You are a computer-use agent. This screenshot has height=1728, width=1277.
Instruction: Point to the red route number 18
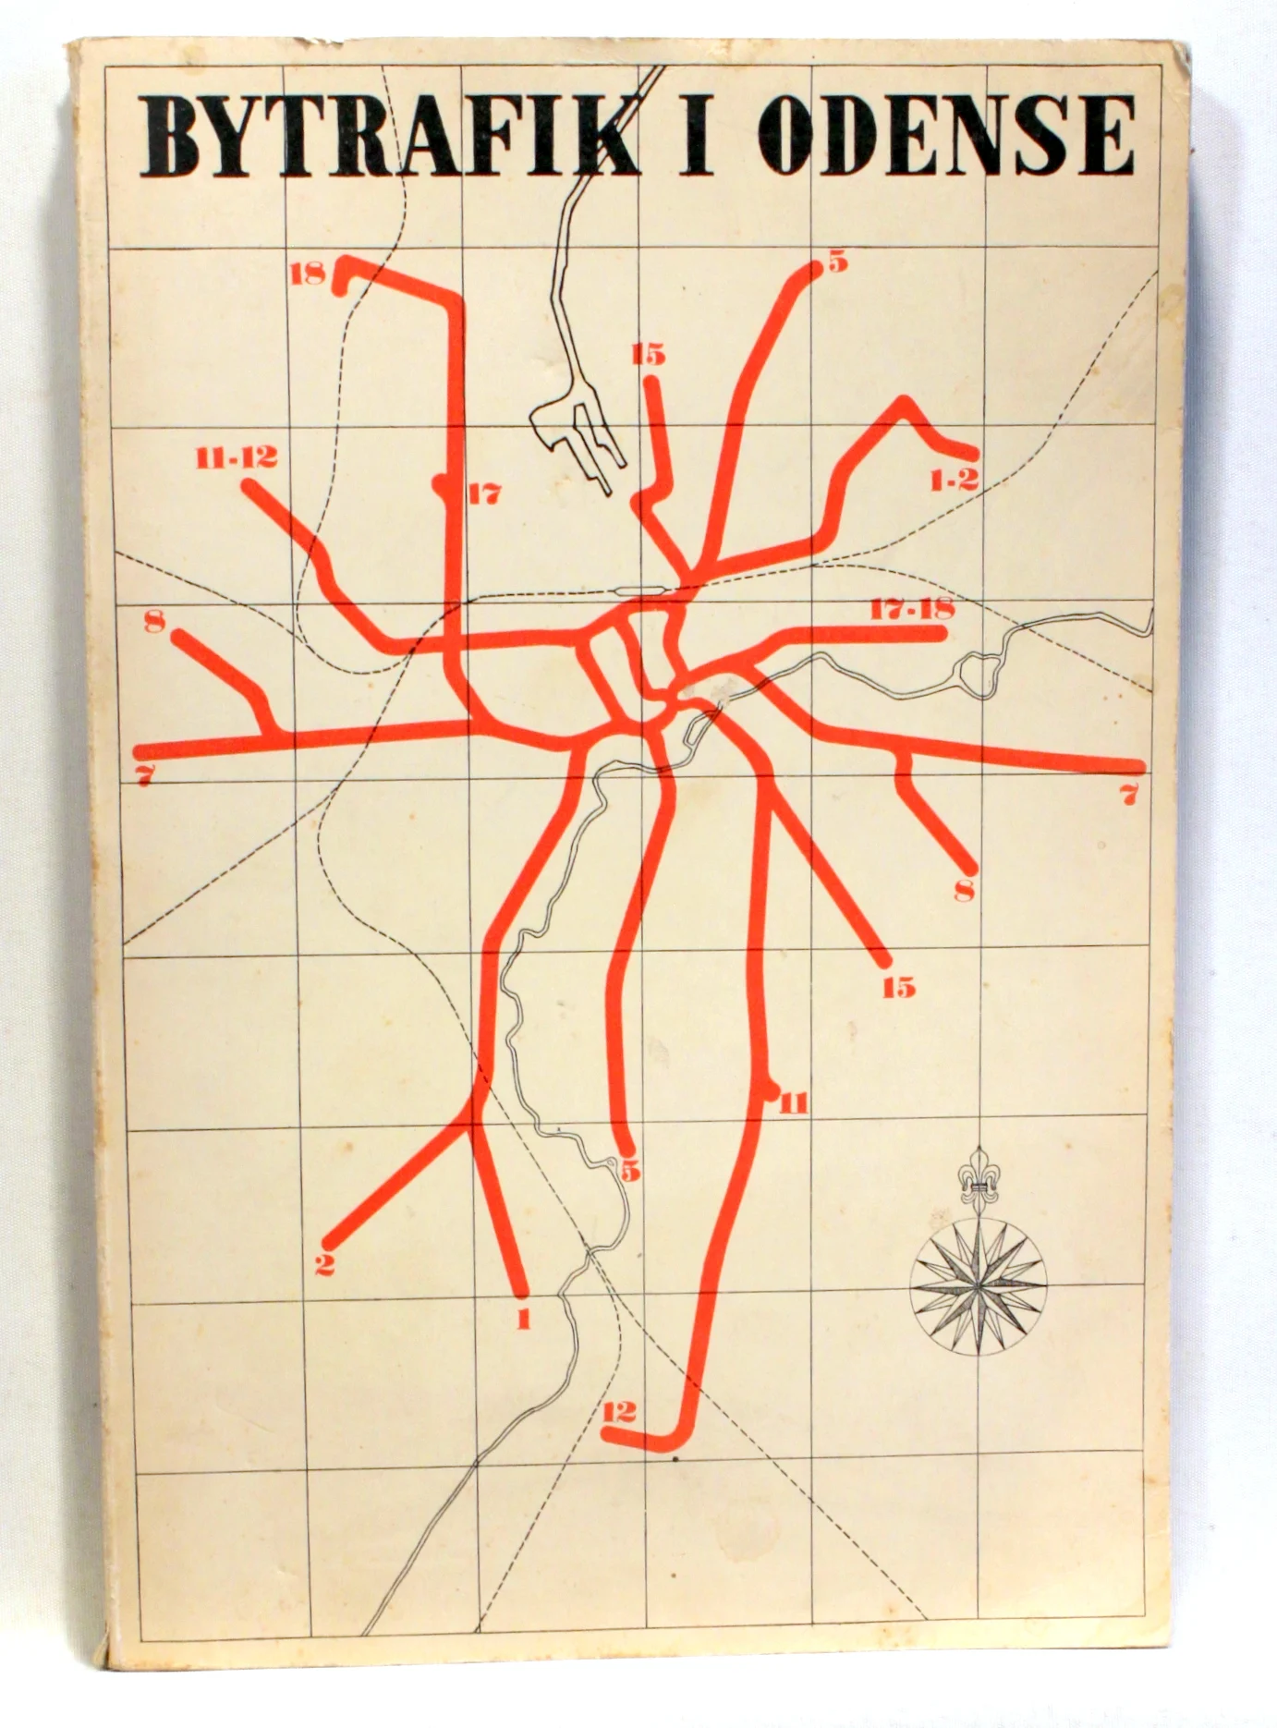[x=308, y=274]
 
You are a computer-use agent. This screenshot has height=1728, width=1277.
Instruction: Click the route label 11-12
[x=237, y=457]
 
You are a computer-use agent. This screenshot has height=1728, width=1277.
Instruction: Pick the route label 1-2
[x=955, y=480]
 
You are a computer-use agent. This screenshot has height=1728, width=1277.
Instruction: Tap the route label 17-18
[x=911, y=610]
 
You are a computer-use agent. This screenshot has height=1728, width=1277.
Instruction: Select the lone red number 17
[x=484, y=494]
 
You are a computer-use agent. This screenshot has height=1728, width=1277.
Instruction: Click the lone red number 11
[x=794, y=1102]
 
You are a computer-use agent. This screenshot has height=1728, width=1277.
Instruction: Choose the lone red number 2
[x=324, y=1264]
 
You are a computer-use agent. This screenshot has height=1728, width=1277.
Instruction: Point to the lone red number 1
[x=524, y=1320]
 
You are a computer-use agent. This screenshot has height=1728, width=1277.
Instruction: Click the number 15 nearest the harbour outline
[x=650, y=355]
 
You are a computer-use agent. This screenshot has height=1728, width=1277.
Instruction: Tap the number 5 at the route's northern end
[x=837, y=262]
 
